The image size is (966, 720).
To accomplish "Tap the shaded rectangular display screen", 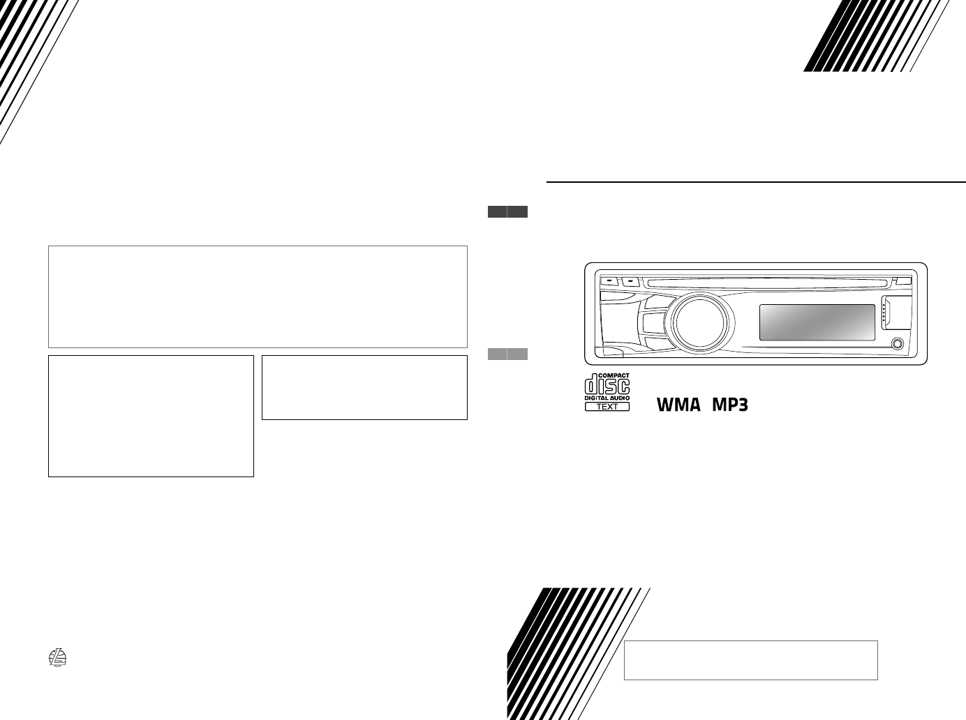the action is point(817,322).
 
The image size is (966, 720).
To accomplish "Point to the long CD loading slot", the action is point(768,283).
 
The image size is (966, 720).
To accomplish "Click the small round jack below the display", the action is point(897,343).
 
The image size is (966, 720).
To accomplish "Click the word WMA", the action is point(677,404).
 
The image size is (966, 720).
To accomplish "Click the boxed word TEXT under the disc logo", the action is point(607,406).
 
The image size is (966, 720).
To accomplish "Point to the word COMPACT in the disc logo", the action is point(614,375).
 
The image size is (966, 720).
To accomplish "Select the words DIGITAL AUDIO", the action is point(607,398).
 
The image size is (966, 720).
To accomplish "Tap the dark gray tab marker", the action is point(507,212).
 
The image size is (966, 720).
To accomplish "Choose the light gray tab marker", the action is point(507,354).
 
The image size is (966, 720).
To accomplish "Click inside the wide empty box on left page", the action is point(257,297).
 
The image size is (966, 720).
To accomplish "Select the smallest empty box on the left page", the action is point(364,387).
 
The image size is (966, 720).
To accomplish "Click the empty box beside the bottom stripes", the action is point(750,660).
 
